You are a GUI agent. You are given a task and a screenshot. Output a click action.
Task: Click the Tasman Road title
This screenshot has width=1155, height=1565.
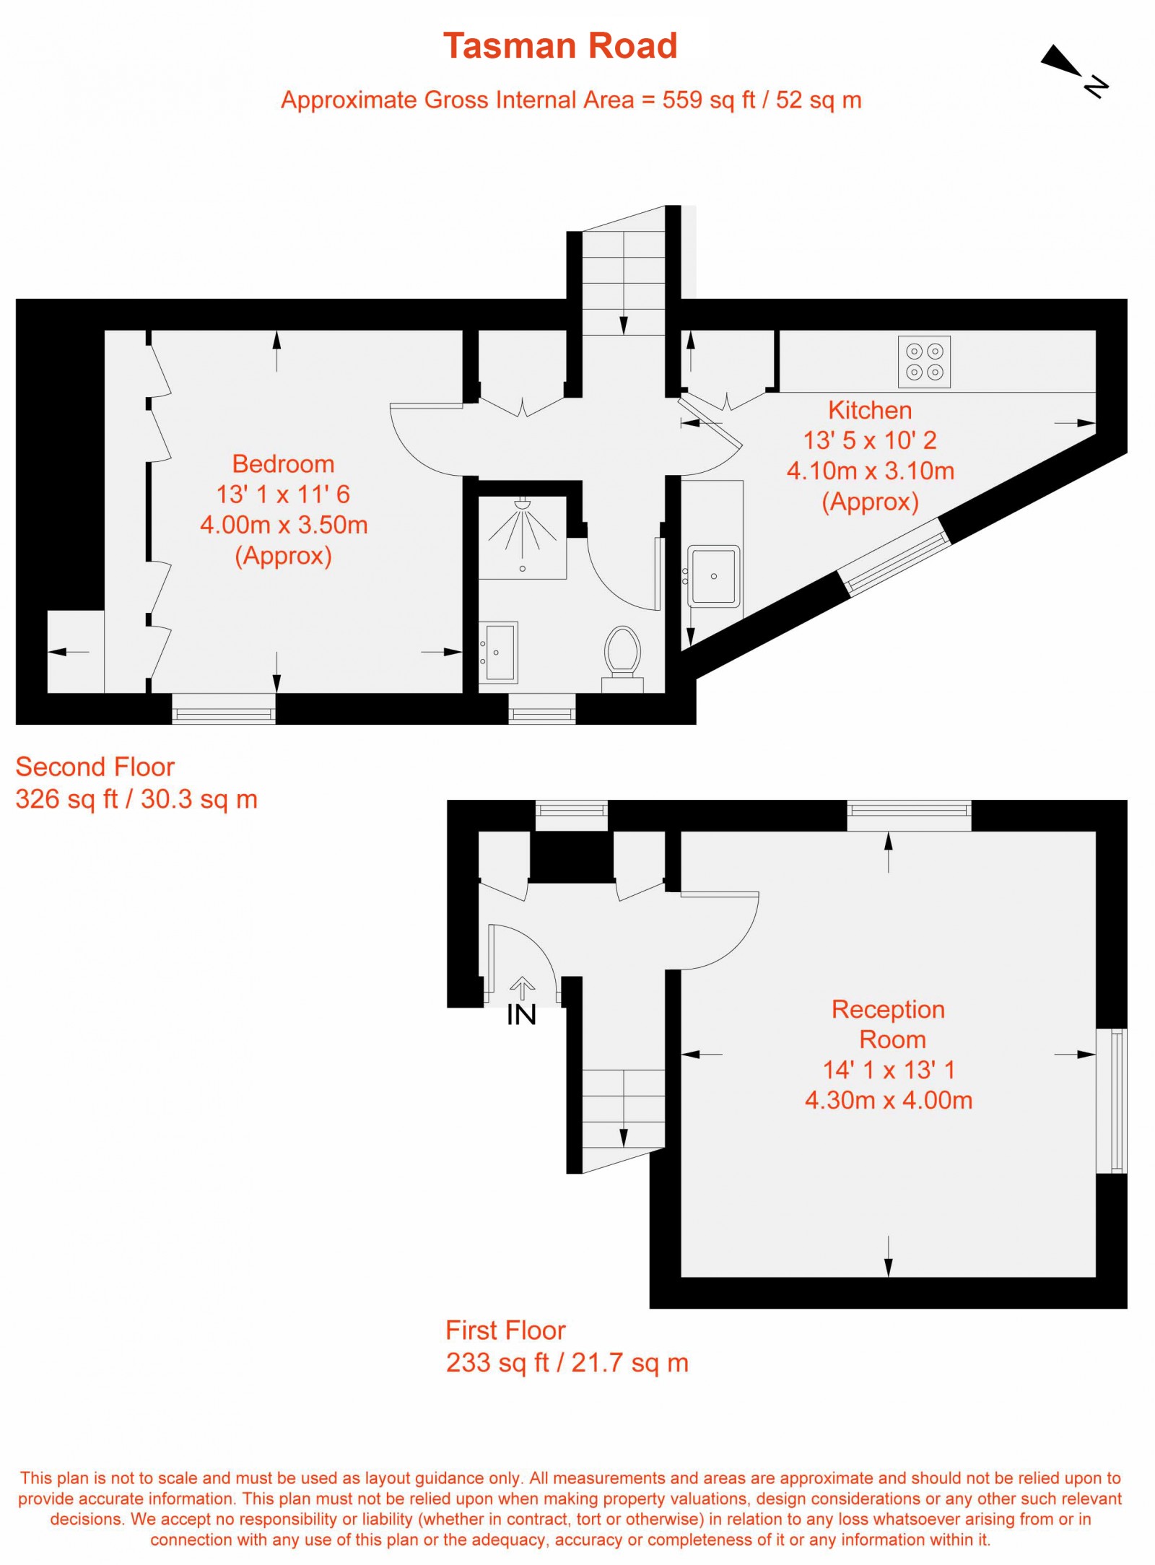[560, 46]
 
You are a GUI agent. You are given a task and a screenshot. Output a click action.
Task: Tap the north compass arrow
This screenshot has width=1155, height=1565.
[1062, 61]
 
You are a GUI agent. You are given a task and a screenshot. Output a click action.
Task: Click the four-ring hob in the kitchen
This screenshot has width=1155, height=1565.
[924, 362]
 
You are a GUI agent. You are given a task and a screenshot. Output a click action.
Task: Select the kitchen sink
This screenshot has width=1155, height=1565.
[713, 576]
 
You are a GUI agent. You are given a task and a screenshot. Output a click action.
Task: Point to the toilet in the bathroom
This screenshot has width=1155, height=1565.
[622, 651]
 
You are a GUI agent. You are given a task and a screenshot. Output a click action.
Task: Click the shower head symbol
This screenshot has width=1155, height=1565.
[523, 503]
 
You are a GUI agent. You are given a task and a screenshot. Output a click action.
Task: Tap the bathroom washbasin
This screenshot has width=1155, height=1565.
[500, 653]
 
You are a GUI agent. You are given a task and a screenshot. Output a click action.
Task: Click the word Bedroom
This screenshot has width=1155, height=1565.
[283, 463]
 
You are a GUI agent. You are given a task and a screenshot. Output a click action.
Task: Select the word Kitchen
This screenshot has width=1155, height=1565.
[870, 410]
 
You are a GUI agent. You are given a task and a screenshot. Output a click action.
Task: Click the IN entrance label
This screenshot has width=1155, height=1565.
[521, 1015]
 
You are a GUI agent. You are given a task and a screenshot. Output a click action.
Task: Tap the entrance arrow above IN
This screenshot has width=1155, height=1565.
[522, 988]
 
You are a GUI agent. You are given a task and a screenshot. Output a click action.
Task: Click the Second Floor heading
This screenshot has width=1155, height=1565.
[95, 767]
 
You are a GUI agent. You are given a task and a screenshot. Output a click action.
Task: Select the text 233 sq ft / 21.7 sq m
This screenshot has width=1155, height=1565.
[567, 1363]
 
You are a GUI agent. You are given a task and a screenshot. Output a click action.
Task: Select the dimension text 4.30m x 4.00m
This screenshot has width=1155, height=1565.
[889, 1100]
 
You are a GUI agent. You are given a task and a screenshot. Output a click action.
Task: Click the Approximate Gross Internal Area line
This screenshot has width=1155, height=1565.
[571, 100]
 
